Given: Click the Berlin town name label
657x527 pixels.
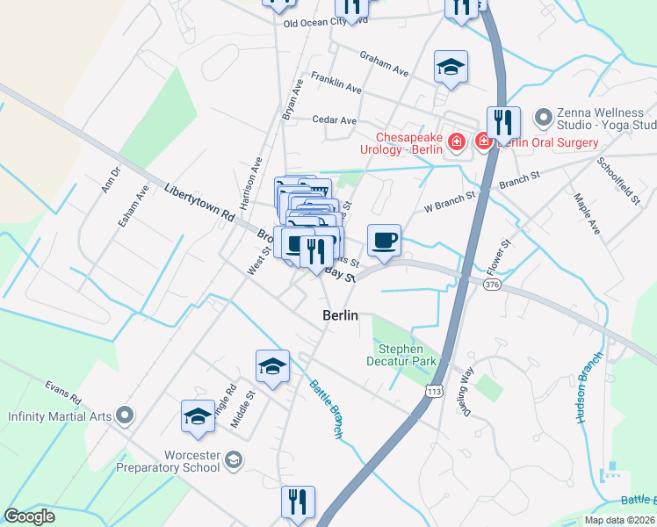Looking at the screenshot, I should (x=341, y=316).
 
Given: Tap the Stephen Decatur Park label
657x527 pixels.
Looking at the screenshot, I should (x=401, y=355).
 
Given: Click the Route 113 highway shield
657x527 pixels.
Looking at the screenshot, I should (x=431, y=396).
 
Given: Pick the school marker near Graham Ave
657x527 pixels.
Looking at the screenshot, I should (x=451, y=67).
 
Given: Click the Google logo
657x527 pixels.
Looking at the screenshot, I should (x=30, y=516).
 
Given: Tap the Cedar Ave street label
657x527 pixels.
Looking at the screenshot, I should (x=336, y=120).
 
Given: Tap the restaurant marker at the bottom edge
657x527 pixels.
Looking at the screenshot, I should (x=298, y=502).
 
